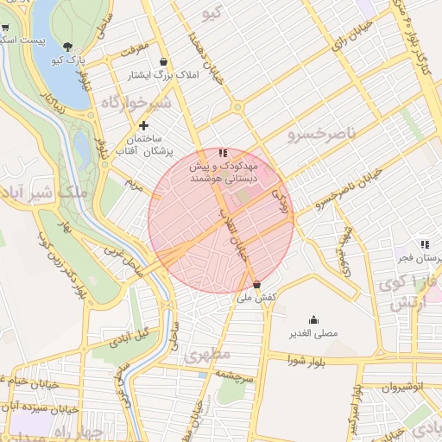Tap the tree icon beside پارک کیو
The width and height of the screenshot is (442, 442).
(67, 46)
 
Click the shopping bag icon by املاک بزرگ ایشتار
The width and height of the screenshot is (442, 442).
(163, 61)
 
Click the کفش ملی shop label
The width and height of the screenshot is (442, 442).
(256, 297)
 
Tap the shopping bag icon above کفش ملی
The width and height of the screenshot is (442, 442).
(256, 284)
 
